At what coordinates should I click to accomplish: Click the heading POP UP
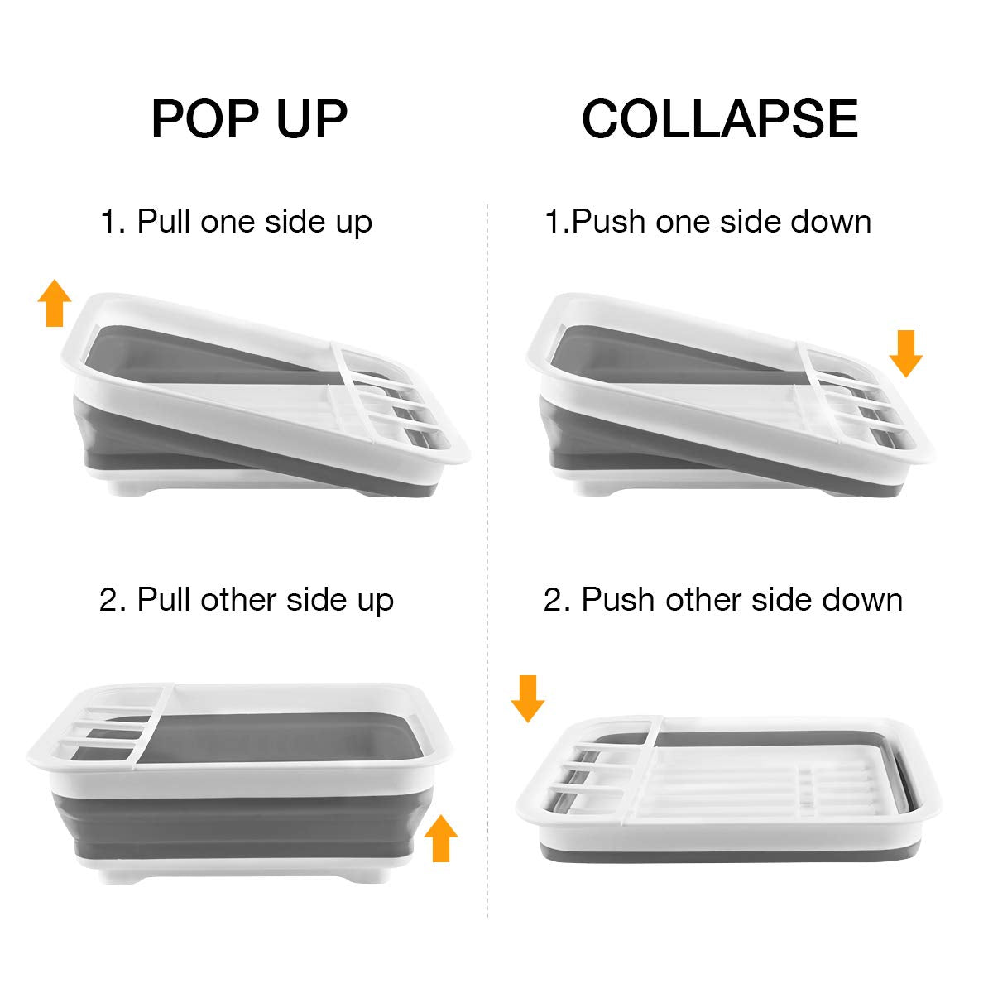[249, 118]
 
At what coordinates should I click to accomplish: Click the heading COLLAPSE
[719, 118]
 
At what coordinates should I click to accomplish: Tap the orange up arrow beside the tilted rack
[55, 303]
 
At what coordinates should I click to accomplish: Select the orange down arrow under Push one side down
[905, 353]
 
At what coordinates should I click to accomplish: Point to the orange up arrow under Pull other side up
[440, 838]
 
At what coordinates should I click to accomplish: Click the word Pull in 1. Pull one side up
[164, 222]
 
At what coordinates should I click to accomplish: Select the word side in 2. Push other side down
[773, 599]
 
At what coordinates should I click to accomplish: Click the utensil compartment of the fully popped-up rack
[108, 728]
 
